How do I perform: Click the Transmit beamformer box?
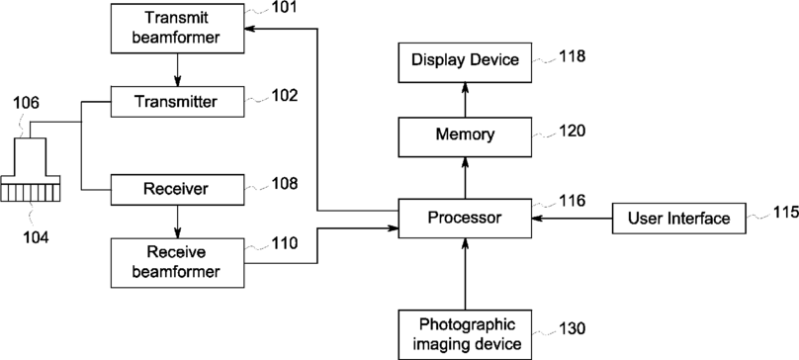tap(177, 28)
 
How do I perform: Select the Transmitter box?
tap(177, 102)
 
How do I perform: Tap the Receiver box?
tap(177, 190)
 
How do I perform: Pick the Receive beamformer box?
tap(177, 263)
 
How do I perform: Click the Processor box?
tap(465, 219)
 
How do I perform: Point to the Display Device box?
tap(465, 62)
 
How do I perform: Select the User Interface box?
tap(679, 219)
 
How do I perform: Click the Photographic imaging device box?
tap(465, 334)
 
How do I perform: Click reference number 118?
tap(573, 55)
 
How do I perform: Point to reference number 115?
tap(786, 211)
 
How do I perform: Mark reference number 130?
tap(573, 329)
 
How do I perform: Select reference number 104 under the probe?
tap(35, 237)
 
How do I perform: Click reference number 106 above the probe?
tap(26, 104)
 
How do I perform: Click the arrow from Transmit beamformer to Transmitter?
tap(177, 69)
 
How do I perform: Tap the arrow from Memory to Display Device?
tap(465, 100)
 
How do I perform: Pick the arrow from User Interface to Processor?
tap(572, 219)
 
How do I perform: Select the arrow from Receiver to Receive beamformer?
tap(177, 222)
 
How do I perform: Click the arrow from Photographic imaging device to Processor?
tap(465, 273)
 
